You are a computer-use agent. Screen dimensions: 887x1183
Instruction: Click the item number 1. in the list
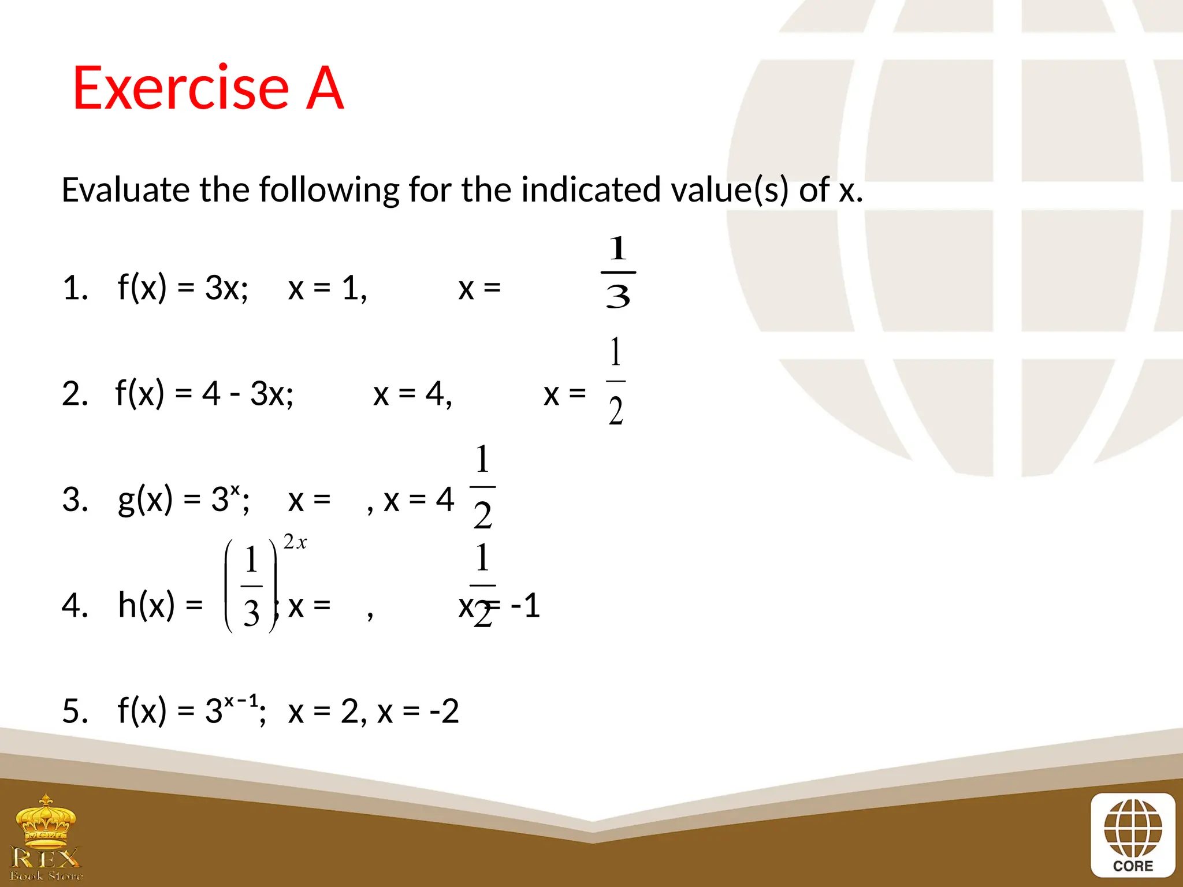[x=75, y=288]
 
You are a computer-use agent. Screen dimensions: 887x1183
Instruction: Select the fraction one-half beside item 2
[x=616, y=381]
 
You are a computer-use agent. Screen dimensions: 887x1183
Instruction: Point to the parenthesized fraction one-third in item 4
[x=251, y=586]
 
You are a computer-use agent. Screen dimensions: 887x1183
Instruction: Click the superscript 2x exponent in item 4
[x=295, y=542]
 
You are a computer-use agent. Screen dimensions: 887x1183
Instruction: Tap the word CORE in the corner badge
[x=1133, y=866]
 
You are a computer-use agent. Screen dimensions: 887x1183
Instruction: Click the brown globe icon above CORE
[x=1133, y=828]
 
